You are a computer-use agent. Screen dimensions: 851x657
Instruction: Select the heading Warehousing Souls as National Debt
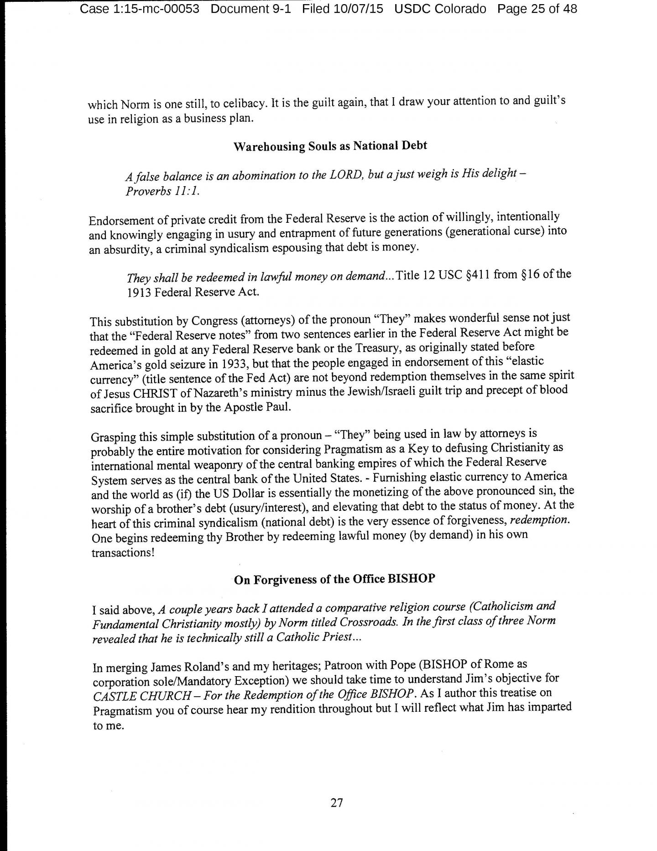(330, 146)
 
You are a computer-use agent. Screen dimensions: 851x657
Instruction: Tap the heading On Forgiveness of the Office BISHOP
(334, 579)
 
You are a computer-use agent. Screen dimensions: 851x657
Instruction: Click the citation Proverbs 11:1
(162, 190)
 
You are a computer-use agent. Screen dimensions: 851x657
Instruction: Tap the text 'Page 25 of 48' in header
(537, 9)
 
